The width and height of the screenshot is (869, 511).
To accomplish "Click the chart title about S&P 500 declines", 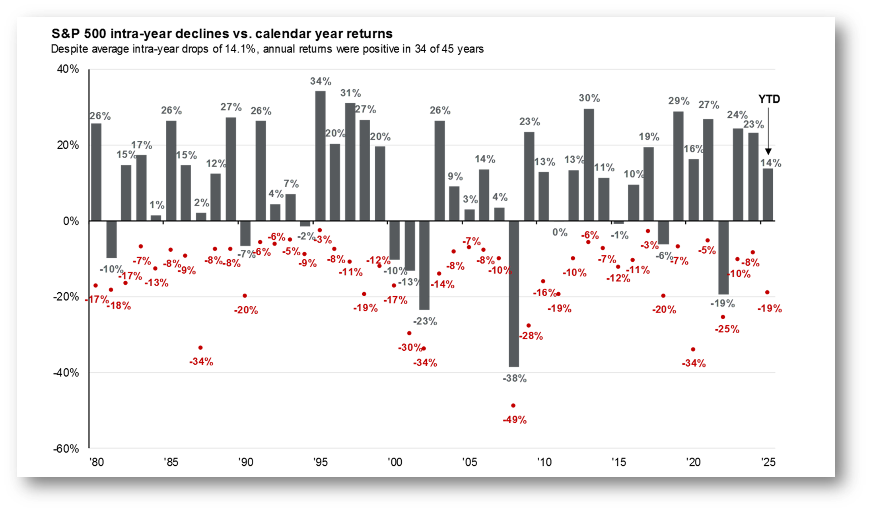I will pos(222,34).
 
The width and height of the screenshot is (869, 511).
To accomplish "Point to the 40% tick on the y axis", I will pos(68,69).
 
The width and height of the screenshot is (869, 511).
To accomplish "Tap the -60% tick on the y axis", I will pos(66,449).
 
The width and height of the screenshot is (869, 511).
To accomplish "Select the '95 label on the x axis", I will pos(320,462).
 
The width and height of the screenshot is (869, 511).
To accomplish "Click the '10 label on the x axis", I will pos(544,462).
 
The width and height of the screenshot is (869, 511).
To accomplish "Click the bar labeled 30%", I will pos(589,165).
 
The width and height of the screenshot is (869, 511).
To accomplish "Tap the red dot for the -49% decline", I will pos(513,406).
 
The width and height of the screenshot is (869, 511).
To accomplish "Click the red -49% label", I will pos(515,420).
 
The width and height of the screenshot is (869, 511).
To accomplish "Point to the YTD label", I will pos(769,99).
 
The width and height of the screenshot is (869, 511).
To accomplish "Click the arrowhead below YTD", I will pos(768,152).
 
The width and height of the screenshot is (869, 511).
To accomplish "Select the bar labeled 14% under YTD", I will pos(768,194).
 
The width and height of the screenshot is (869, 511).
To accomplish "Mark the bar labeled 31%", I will pos(350,162).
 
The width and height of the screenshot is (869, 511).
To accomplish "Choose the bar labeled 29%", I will pos(678,166).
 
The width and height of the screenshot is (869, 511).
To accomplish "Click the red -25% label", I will pos(727,329).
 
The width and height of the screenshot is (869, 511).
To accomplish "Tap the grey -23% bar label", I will pos(425,321).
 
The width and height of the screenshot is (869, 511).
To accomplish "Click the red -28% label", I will pos(531,336).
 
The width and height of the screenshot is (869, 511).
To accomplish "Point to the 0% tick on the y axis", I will pos(71,221).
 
